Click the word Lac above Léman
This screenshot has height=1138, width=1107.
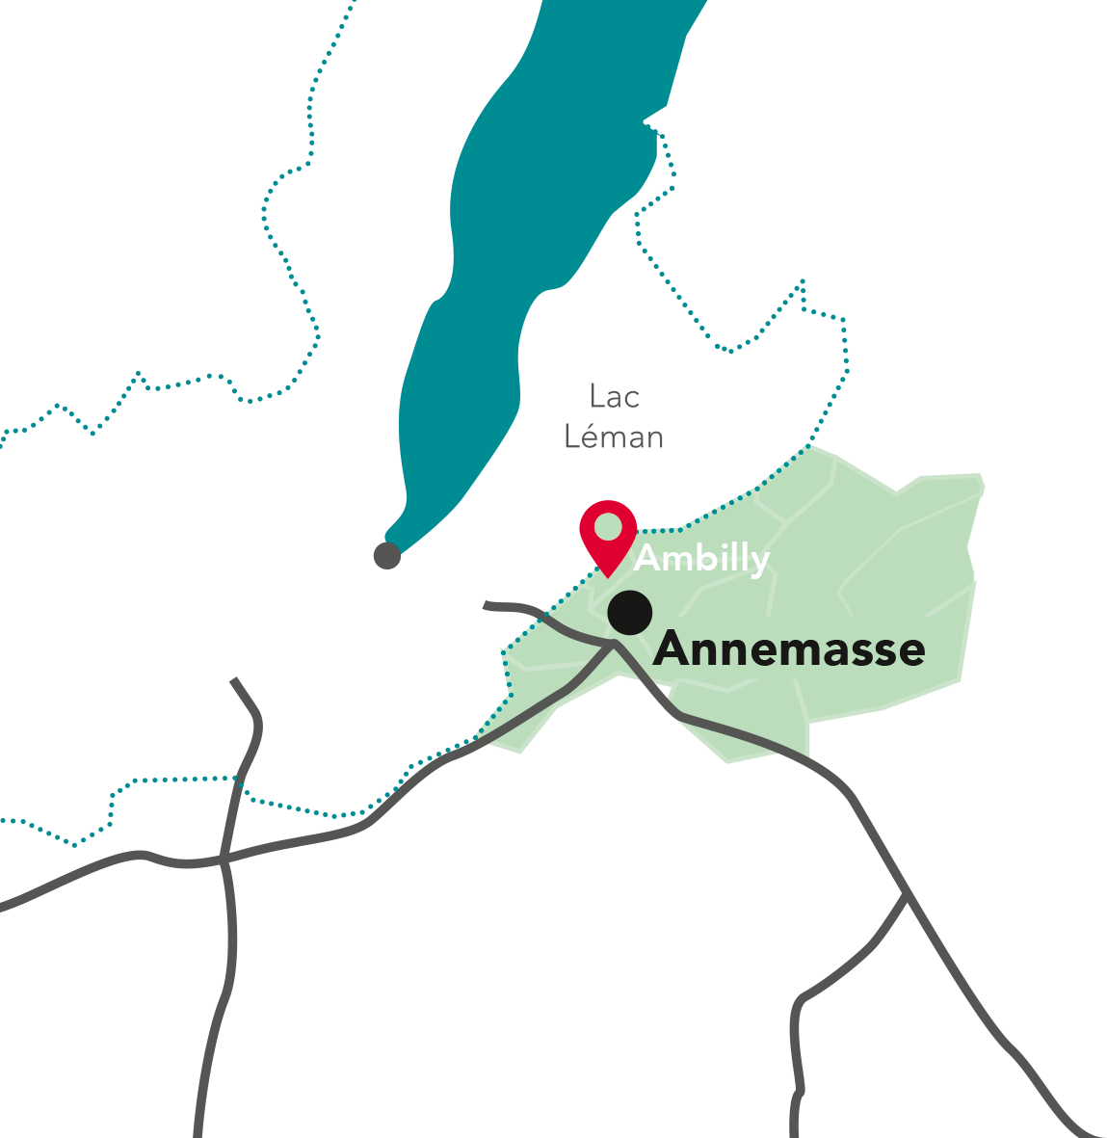(615, 396)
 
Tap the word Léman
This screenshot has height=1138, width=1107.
(614, 437)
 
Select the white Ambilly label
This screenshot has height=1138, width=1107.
(701, 559)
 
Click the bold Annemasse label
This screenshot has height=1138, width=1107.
(789, 649)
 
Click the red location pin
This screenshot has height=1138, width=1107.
(608, 533)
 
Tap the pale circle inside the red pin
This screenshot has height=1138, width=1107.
(608, 527)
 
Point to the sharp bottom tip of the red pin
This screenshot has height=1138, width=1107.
(609, 575)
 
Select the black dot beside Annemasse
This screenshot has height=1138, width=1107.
(630, 612)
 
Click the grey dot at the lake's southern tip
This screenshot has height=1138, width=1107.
(386, 555)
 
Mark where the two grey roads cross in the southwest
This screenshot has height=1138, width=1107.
(224, 857)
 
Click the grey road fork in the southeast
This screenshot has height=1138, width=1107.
(905, 894)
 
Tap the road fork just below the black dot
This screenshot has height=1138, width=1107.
(614, 644)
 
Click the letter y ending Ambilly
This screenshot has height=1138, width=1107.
(759, 562)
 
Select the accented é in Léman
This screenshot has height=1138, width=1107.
(592, 437)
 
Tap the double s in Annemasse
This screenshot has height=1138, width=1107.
(866, 652)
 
